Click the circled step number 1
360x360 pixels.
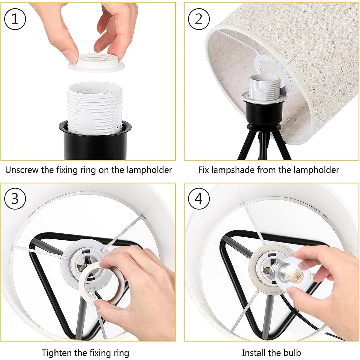[x=15, y=19]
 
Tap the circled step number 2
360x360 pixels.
[x=199, y=19]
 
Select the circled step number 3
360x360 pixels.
[x=15, y=199]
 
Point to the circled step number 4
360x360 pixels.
[x=199, y=199]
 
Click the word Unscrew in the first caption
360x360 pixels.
[x=22, y=170]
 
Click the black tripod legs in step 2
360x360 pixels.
[x=264, y=144]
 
